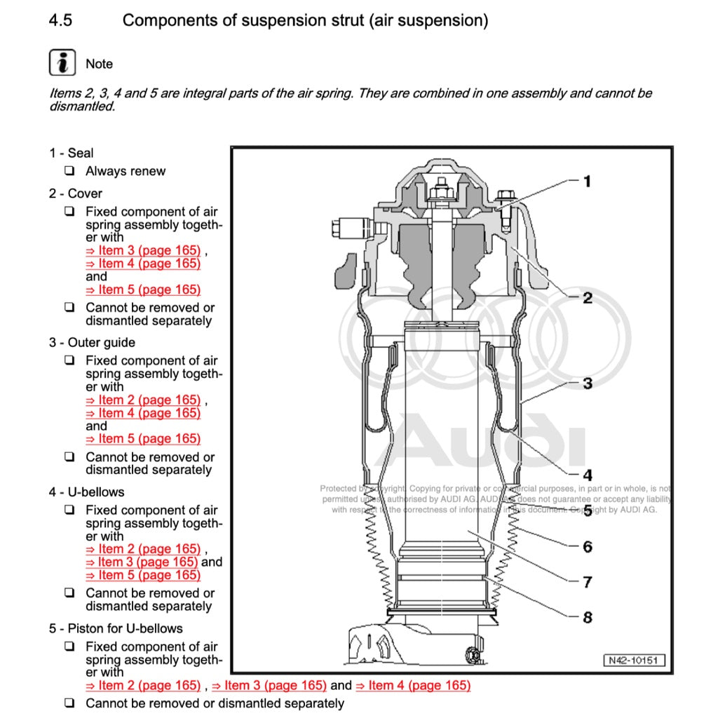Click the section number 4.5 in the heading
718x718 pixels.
(x=60, y=20)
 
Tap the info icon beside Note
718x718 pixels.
(x=62, y=63)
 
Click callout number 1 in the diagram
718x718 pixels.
(x=588, y=181)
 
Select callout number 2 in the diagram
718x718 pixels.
(x=588, y=297)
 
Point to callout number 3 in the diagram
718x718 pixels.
(x=588, y=384)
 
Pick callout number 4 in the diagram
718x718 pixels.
(x=588, y=475)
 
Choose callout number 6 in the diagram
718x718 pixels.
(x=588, y=546)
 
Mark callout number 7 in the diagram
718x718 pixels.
(x=588, y=581)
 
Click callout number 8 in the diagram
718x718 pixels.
(x=588, y=617)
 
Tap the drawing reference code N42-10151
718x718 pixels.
(x=635, y=661)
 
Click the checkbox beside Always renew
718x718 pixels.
(x=69, y=171)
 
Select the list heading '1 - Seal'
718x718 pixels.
(x=72, y=153)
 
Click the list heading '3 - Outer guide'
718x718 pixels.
(x=92, y=343)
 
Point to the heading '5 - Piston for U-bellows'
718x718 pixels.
(x=116, y=628)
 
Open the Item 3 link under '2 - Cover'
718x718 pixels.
(x=143, y=250)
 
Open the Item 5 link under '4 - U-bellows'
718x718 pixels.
(x=143, y=575)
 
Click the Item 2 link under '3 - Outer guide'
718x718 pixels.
(x=143, y=400)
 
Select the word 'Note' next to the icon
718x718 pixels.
(x=99, y=64)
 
